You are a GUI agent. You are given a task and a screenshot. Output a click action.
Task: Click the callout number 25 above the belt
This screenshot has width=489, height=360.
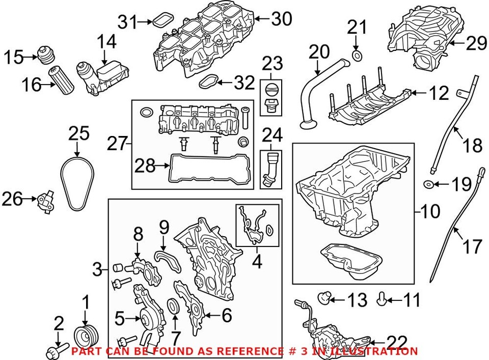coord(79,134)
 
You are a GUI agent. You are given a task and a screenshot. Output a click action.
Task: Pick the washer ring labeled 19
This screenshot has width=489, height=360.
coord(429,183)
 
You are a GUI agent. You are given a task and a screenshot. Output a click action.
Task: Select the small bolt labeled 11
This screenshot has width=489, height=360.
coord(382,300)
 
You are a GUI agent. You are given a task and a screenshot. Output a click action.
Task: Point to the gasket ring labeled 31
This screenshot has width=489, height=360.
coord(162,21)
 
